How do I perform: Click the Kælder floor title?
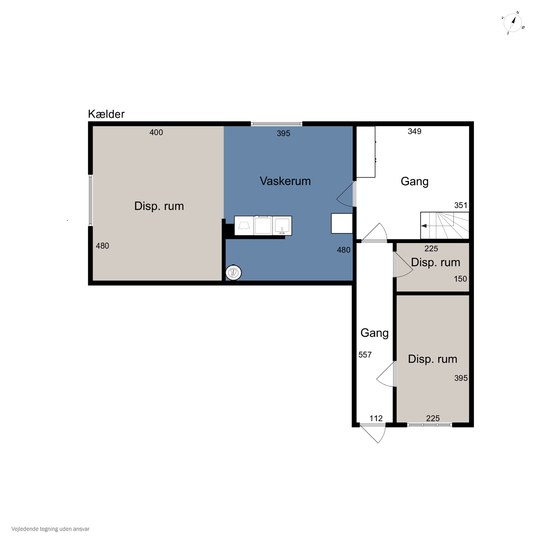click(106, 114)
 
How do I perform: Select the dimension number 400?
click(156, 132)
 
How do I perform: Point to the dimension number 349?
click(414, 131)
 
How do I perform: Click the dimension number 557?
click(365, 355)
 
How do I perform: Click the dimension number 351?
click(461, 205)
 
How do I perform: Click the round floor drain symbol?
click(233, 272)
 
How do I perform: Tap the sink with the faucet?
click(282, 226)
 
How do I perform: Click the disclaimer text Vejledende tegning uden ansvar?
click(50, 529)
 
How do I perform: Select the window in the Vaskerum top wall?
click(276, 124)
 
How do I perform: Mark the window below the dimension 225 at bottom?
click(430, 425)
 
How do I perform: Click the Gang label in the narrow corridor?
click(374, 333)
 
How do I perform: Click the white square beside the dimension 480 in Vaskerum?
click(342, 223)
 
